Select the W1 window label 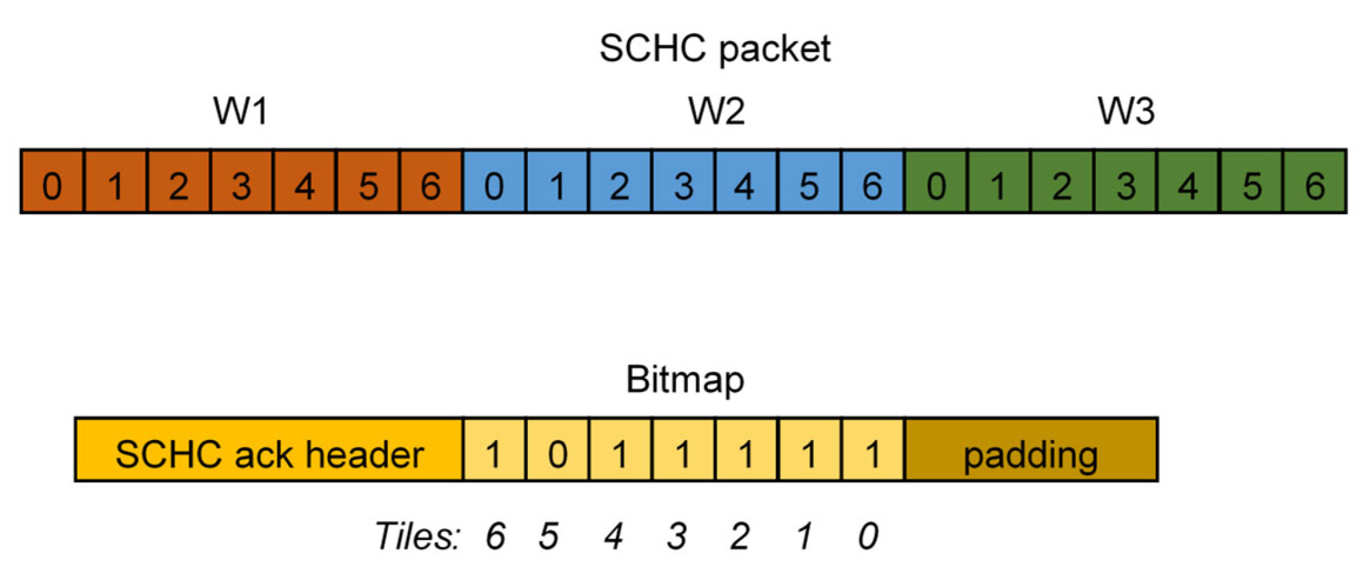click(x=241, y=111)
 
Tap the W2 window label click(x=716, y=111)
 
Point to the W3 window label click(x=1126, y=111)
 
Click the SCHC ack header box click(x=269, y=451)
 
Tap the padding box click(x=1031, y=451)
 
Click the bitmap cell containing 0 click(x=557, y=451)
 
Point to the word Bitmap click(x=685, y=379)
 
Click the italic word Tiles click(x=417, y=536)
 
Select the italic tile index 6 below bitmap click(x=495, y=536)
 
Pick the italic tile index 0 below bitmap click(x=869, y=536)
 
